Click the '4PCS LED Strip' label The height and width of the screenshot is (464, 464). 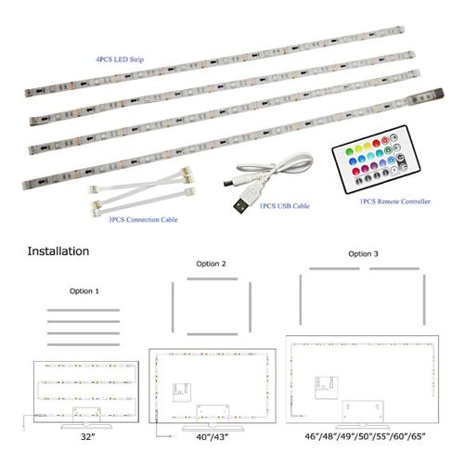pyautogui.click(x=120, y=59)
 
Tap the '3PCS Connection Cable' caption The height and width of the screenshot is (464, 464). pyautogui.click(x=143, y=220)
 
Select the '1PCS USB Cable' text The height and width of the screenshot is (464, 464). pyautogui.click(x=285, y=206)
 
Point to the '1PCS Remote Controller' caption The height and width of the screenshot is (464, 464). pyautogui.click(x=395, y=201)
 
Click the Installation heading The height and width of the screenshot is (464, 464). pyautogui.click(x=58, y=251)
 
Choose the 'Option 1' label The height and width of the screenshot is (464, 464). pyautogui.click(x=84, y=291)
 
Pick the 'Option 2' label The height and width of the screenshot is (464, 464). pyautogui.click(x=211, y=264)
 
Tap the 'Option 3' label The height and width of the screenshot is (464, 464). pyautogui.click(x=363, y=254)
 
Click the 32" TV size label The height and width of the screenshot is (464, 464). pyautogui.click(x=87, y=437)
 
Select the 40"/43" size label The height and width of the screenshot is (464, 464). pyautogui.click(x=213, y=437)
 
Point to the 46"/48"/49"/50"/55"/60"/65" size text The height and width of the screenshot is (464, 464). pyautogui.click(x=365, y=436)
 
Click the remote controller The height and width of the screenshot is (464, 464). pyautogui.click(x=376, y=160)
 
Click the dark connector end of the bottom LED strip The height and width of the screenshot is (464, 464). pyautogui.click(x=438, y=93)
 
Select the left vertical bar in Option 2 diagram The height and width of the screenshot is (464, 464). pyautogui.click(x=173, y=307)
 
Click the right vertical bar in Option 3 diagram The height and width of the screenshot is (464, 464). pyautogui.click(x=424, y=300)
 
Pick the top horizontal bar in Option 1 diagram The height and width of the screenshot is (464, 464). pyautogui.click(x=84, y=310)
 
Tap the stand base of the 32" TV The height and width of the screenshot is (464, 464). pyautogui.click(x=86, y=426)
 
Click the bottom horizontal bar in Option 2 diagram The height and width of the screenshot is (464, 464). pyautogui.click(x=213, y=334)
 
